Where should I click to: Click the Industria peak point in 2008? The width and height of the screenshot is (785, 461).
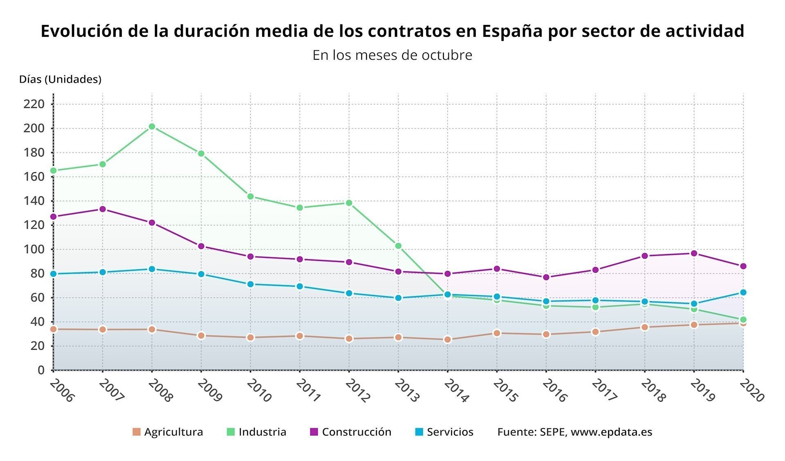[x=152, y=127]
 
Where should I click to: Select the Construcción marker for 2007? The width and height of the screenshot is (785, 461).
[x=102, y=209]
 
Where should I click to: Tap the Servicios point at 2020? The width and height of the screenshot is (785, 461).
[x=743, y=292]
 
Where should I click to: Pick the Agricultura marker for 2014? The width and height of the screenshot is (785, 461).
[x=448, y=340]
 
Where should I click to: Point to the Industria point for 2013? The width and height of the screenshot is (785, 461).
[x=398, y=246]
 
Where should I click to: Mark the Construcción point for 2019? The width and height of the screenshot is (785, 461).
[x=694, y=254]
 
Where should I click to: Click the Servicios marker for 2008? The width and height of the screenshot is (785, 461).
[x=152, y=269]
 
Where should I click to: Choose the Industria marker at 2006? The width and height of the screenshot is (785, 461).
[x=53, y=171]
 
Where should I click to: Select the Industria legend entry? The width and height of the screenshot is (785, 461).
[x=256, y=432]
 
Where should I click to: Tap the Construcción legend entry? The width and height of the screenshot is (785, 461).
[x=351, y=432]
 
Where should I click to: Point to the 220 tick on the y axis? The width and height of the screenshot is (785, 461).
[x=34, y=104]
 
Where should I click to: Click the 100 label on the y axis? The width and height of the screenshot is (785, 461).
[x=34, y=250]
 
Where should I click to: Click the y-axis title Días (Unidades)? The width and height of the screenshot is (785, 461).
[x=60, y=79]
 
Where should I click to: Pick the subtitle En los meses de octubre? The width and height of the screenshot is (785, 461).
[x=392, y=55]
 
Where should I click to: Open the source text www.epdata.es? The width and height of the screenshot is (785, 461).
[x=611, y=432]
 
